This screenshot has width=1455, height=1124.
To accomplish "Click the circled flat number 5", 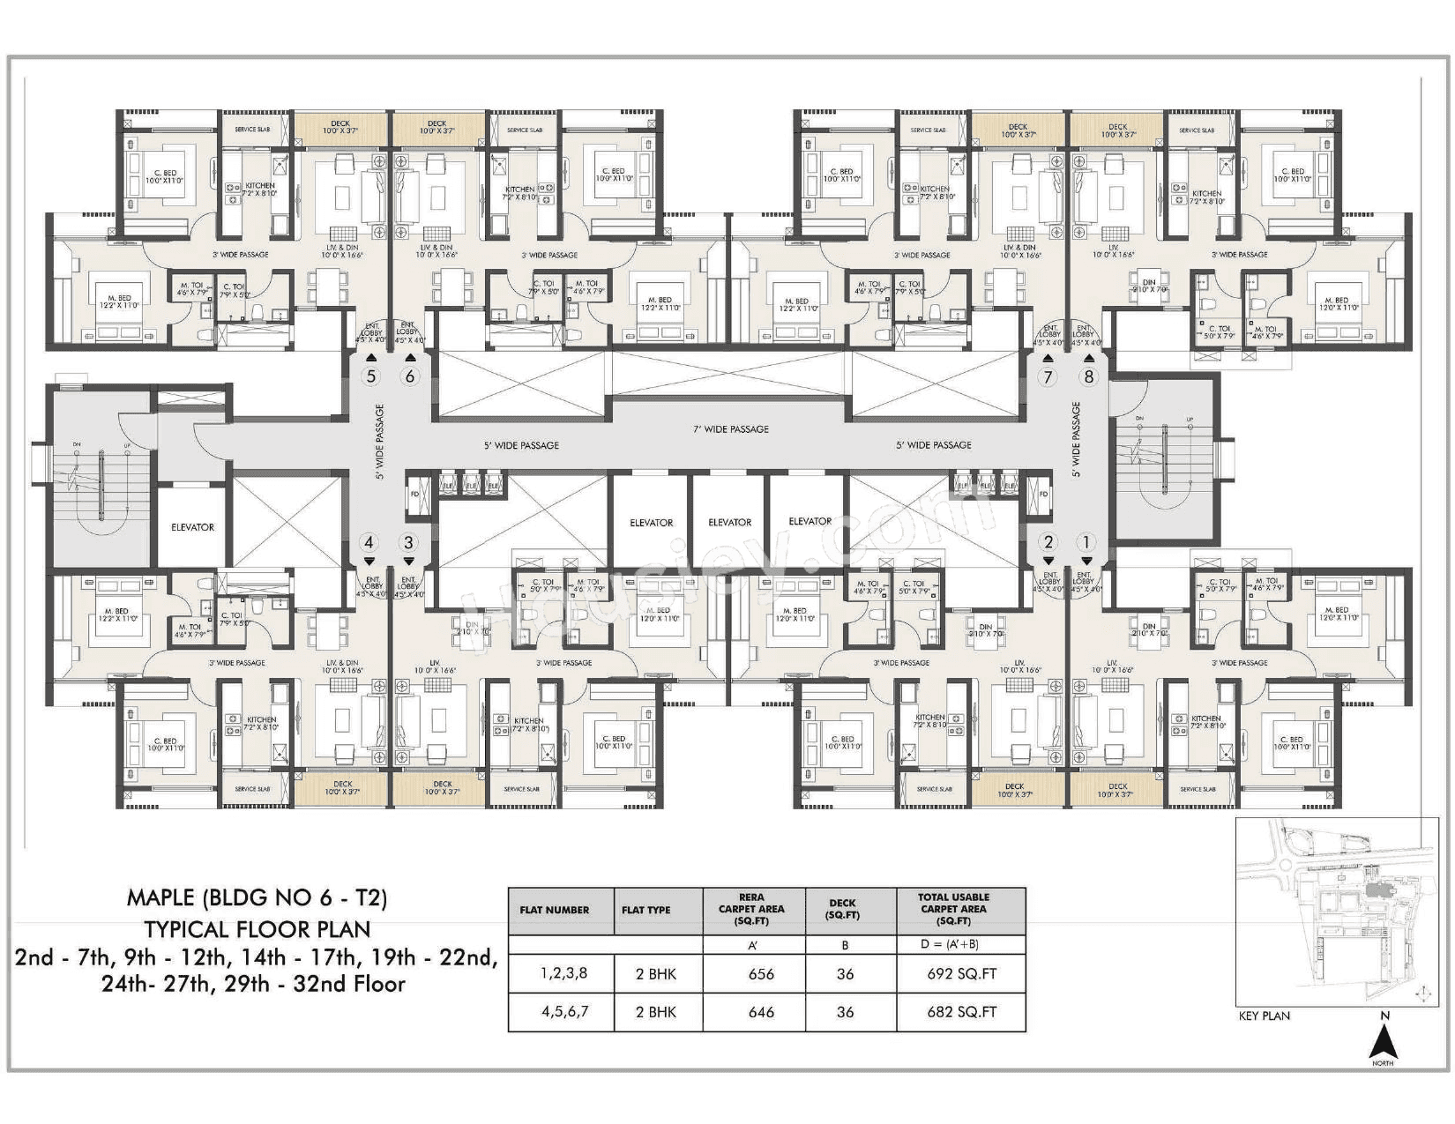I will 370,377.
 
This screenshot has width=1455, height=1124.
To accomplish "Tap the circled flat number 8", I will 1089,377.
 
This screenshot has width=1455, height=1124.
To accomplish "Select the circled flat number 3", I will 408,543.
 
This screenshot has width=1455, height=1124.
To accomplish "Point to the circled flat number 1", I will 1086,543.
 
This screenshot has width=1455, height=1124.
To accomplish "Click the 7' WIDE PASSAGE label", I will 730,429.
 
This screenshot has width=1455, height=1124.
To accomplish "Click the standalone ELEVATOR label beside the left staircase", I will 192,527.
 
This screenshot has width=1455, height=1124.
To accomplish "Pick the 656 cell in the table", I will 760,974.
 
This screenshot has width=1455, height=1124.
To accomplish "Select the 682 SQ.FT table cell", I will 961,1012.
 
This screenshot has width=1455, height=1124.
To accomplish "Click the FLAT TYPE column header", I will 645,910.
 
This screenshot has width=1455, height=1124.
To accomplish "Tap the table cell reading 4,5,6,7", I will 564,1012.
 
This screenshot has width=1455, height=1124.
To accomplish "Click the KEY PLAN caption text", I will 1264,1016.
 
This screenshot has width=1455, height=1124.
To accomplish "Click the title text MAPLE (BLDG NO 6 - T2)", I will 257,898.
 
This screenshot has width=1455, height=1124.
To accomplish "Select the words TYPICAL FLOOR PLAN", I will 257,928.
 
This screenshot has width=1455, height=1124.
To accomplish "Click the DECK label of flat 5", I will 340,127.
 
